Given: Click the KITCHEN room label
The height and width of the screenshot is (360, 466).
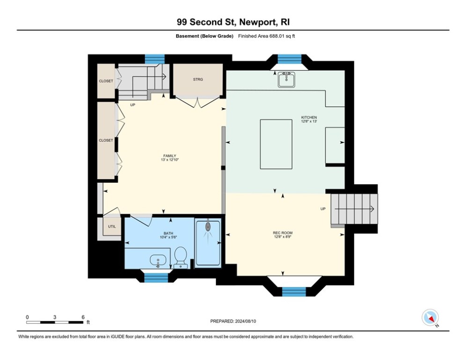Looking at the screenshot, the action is tap(309, 118).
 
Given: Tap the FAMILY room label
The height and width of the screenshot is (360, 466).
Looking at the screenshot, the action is tap(170, 156).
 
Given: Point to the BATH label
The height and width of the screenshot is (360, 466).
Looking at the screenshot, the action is tap(168, 233).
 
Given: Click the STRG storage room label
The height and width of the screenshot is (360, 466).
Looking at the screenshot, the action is tap(198, 79).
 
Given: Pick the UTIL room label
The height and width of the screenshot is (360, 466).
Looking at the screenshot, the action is tap(112, 226).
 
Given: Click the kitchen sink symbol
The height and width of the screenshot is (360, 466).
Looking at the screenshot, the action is tap(287, 79).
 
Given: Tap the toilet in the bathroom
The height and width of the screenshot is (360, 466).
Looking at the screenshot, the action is tap(180, 258).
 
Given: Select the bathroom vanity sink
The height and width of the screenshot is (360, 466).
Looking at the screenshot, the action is tap(158, 261).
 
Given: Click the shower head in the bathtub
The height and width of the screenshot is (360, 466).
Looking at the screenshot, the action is tap(208, 226).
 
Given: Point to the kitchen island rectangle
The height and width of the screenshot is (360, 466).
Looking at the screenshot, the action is tap(276, 144).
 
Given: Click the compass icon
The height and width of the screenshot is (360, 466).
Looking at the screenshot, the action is tap(430, 317).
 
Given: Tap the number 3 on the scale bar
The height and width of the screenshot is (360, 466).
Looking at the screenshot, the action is tap(55, 317).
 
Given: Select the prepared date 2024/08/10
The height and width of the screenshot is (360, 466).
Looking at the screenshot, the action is tap(245, 321).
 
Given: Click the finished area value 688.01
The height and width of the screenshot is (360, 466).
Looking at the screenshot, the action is tap(277, 36).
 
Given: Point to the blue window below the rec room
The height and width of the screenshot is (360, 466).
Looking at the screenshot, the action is tap(294, 292).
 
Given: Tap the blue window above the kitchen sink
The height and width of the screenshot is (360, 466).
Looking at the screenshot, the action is tap(289, 59).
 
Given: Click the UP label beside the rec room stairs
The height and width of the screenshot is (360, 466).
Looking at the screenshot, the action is tap(323, 209).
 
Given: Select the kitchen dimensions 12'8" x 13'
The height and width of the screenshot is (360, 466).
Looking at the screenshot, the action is tap(309, 121).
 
